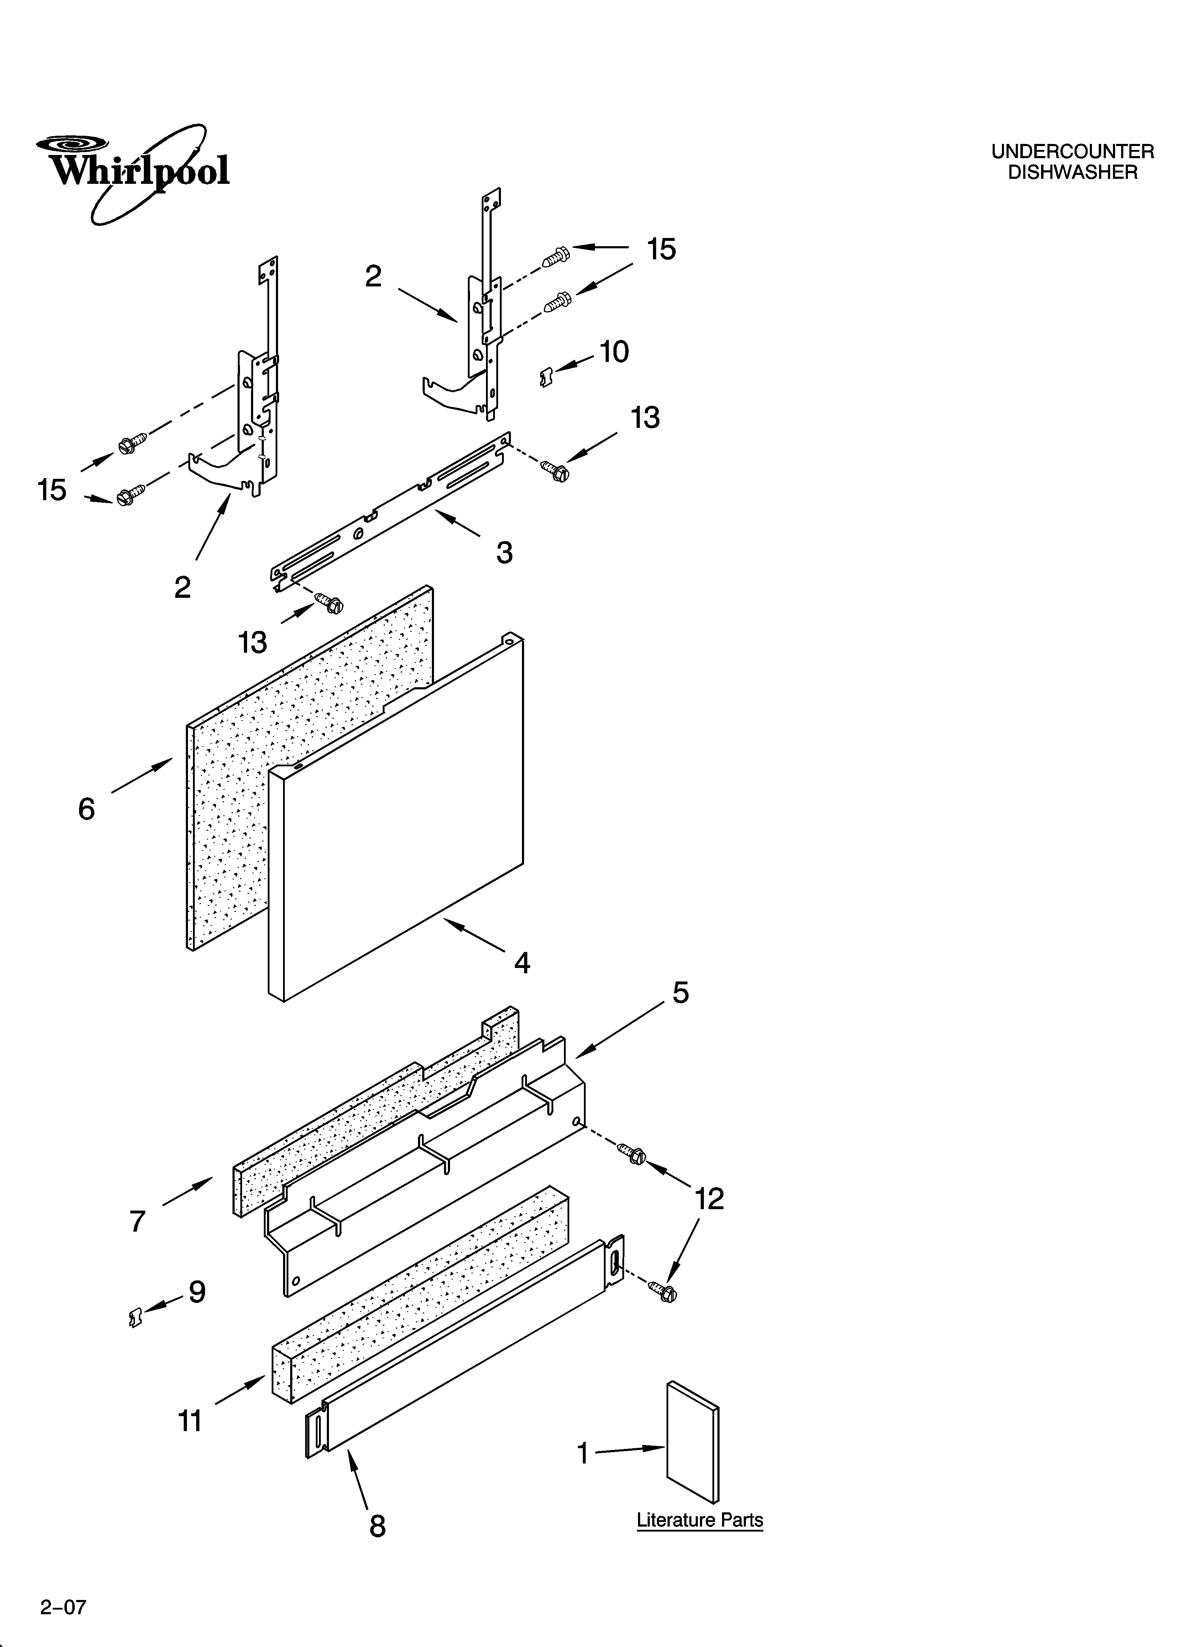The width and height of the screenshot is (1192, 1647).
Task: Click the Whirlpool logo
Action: point(134,171)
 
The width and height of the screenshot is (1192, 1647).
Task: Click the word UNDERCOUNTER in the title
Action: point(1072,152)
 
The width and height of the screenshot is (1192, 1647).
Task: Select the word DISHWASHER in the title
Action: point(1072,173)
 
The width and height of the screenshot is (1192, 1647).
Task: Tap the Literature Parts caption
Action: point(700,1520)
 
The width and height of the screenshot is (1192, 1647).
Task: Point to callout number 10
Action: point(614,352)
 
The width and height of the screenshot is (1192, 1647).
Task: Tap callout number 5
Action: point(680,993)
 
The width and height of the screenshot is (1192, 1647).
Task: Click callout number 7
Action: point(138,1222)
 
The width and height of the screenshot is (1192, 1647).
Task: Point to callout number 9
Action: point(197,1292)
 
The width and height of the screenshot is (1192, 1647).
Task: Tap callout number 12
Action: point(709,1199)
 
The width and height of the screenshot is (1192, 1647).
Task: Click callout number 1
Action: point(582,1453)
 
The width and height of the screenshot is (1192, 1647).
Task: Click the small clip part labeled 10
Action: point(547,377)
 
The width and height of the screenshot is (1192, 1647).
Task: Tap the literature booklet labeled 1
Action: point(693,1441)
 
